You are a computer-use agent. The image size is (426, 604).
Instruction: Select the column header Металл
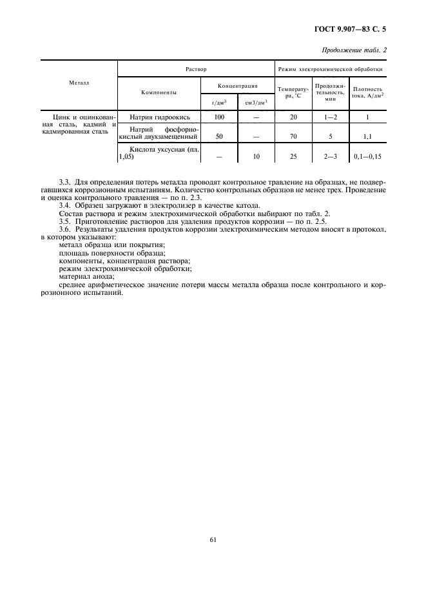79,83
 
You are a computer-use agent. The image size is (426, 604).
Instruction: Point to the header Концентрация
238,85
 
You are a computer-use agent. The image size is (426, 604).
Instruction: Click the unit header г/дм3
218,102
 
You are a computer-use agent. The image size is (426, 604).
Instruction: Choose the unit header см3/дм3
257,102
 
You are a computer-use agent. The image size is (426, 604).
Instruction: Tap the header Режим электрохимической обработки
330,68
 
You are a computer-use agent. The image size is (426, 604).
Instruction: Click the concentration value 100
219,117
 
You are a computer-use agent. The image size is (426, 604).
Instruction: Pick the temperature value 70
293,137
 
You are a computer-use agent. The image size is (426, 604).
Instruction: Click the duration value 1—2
331,117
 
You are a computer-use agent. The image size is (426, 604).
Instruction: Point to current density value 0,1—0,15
367,157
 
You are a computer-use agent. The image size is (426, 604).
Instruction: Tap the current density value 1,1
367,137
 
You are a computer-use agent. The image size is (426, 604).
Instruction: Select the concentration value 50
219,137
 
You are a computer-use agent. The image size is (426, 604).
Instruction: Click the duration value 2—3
331,157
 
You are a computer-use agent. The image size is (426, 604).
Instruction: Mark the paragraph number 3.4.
66,205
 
